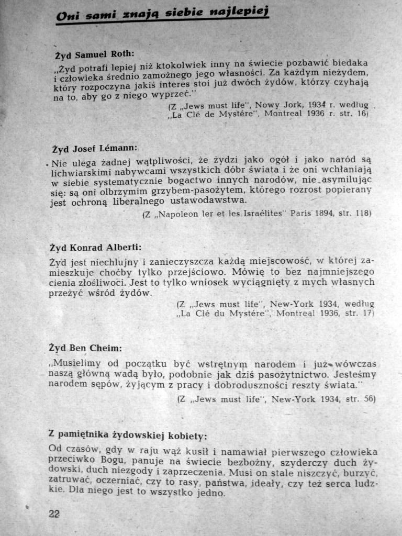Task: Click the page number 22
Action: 54,513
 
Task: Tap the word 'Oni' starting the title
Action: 66,17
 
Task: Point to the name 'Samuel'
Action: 92,54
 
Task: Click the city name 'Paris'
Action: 301,213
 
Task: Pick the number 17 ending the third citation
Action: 367,314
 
